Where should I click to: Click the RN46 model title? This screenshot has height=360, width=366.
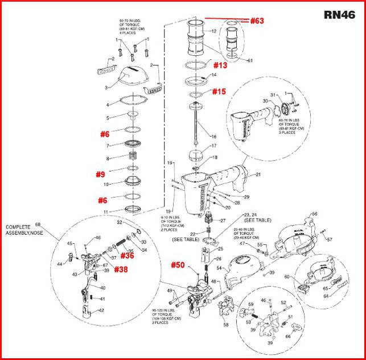tap(340, 14)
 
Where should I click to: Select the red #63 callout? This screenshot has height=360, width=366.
tap(257, 21)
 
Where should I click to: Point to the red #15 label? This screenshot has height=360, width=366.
tap(219, 91)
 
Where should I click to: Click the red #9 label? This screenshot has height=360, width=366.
tap(100, 174)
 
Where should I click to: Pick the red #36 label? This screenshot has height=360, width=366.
tap(127, 256)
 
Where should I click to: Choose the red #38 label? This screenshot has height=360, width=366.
tap(121, 268)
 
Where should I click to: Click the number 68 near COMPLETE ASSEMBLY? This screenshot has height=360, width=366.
tap(39, 224)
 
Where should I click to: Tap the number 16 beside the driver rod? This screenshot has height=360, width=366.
tap(214, 137)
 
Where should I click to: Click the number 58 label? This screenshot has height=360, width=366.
tap(226, 325)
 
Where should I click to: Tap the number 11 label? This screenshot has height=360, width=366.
tap(105, 212)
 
